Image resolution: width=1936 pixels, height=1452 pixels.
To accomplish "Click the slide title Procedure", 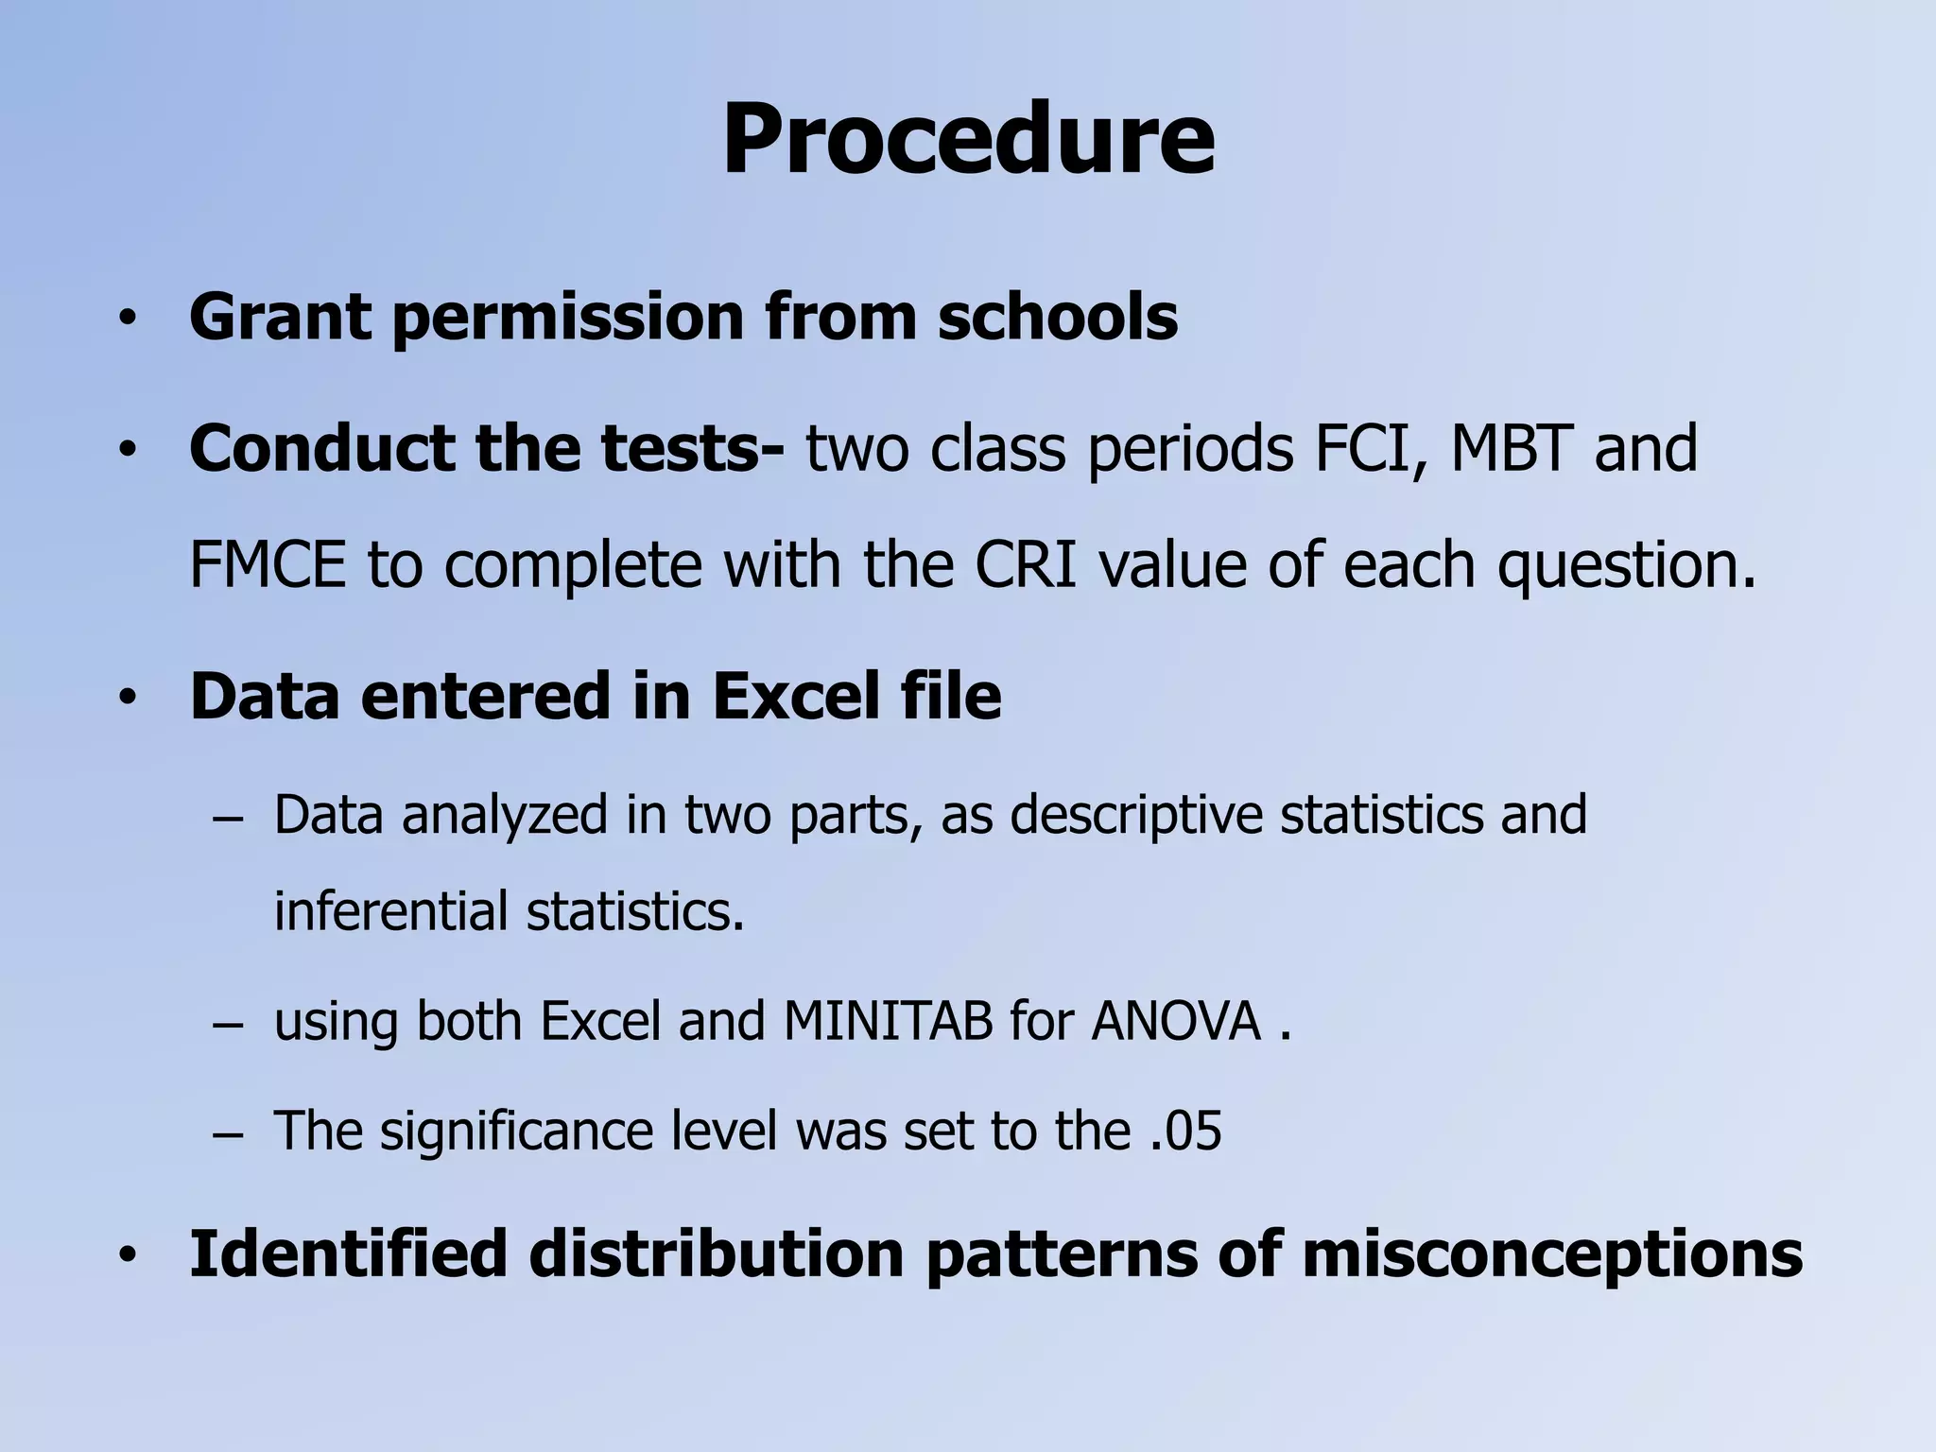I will click(968, 140).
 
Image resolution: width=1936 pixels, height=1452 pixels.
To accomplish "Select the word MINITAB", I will click(888, 1021).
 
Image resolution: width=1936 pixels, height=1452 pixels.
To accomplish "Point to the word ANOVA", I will click(1175, 1021).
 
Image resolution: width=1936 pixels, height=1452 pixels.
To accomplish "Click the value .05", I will click(1186, 1131).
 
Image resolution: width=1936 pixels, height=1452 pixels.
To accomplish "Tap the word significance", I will click(517, 1132).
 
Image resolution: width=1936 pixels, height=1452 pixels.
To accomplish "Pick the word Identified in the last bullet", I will click(348, 1253).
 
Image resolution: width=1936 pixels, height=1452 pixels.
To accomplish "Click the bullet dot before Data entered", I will click(128, 700).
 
